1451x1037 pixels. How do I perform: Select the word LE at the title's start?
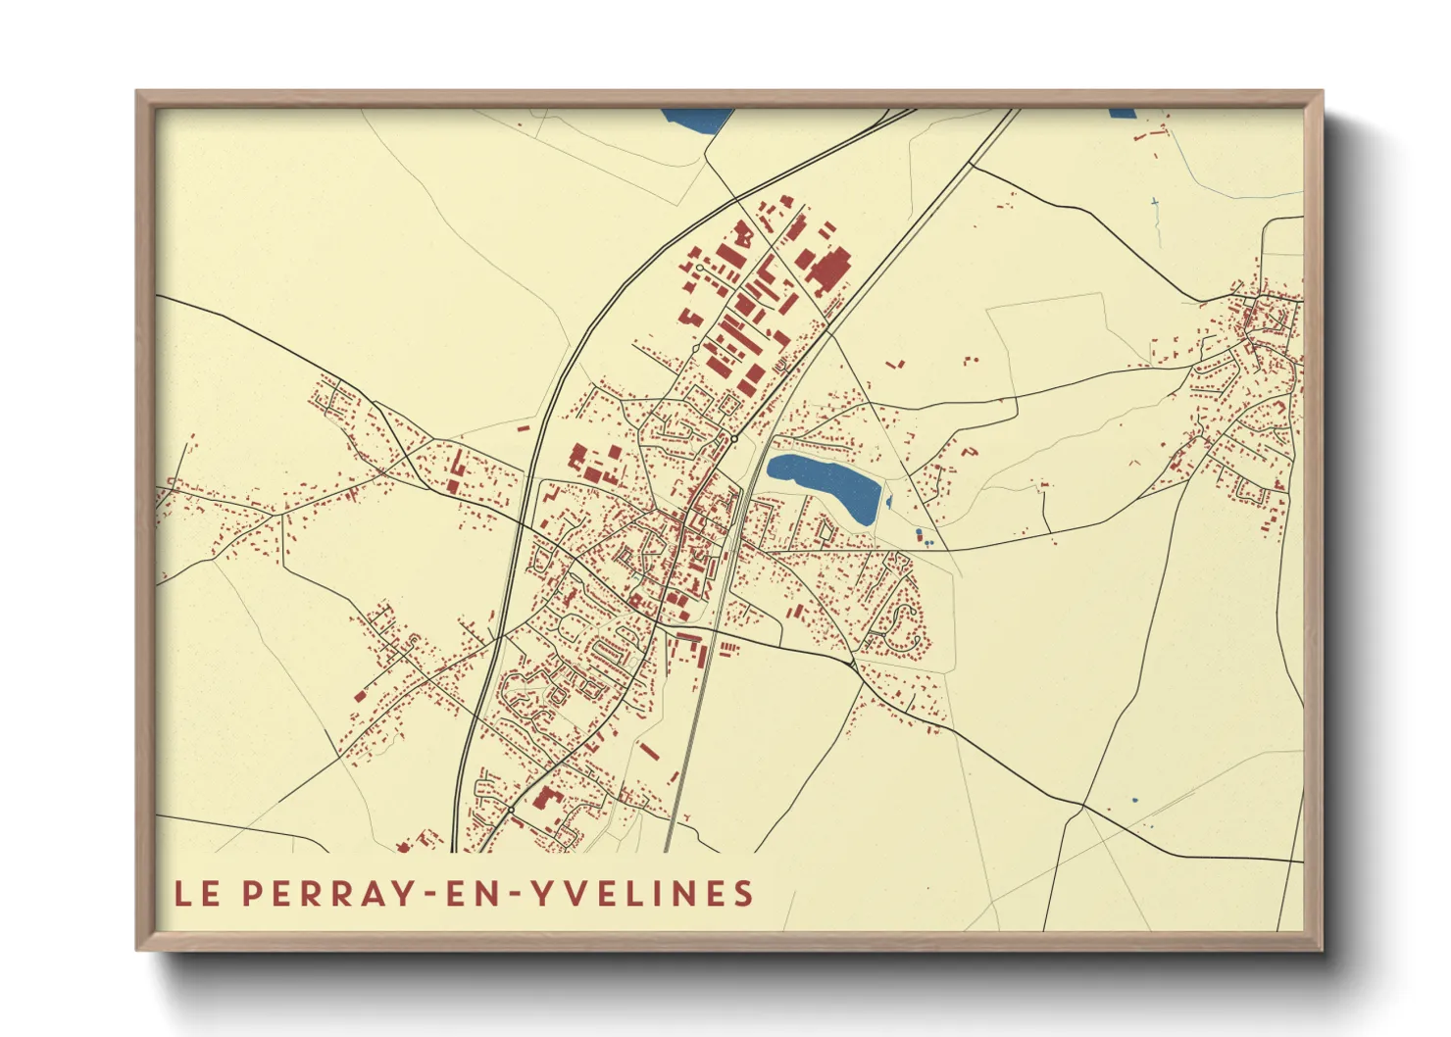click(196, 893)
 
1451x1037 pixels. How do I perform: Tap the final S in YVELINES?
click(745, 893)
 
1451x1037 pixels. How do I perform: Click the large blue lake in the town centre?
click(824, 484)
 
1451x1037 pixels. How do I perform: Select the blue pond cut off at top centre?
click(696, 119)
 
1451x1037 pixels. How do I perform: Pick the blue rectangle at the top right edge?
click(1122, 113)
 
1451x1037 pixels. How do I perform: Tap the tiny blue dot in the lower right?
click(1135, 801)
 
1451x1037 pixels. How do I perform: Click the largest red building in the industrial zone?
click(829, 268)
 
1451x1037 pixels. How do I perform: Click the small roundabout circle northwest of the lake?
click(733, 439)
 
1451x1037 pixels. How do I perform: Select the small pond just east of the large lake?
click(889, 503)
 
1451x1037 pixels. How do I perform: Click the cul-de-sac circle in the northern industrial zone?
click(699, 267)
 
